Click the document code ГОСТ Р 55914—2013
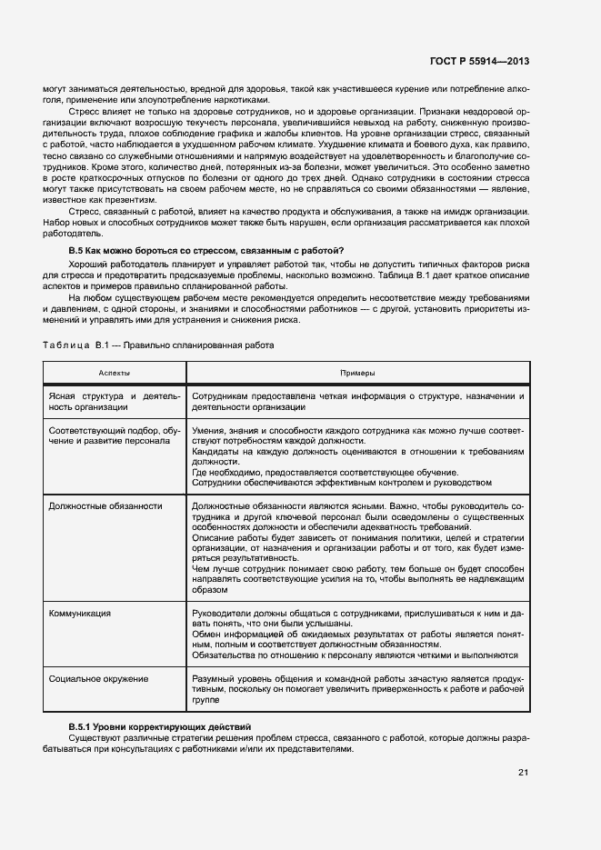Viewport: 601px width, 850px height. click(480, 61)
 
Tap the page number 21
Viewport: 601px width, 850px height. click(523, 773)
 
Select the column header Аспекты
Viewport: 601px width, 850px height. click(114, 373)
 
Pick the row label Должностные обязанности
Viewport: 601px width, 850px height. click(105, 505)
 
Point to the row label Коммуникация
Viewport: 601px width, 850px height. click(80, 613)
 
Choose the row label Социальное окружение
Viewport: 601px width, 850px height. click(99, 678)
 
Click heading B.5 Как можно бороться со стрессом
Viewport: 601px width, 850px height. click(207, 250)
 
